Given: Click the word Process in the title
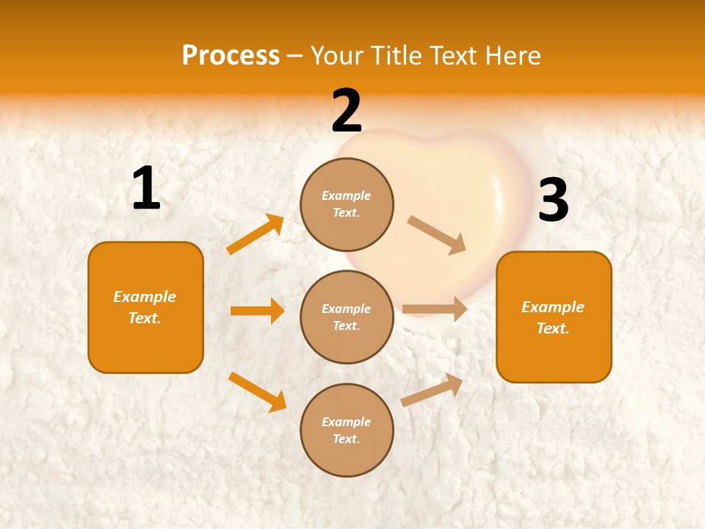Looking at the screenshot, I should click(x=231, y=55).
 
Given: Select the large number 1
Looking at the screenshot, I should click(x=146, y=189).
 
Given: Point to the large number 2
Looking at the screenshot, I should click(x=347, y=111).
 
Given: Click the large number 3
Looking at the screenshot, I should click(x=553, y=201).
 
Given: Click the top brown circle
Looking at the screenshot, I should click(x=347, y=204).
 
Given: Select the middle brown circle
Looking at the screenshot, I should click(x=347, y=317).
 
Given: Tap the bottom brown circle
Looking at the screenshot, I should click(x=347, y=430).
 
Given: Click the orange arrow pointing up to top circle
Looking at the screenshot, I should click(x=256, y=234).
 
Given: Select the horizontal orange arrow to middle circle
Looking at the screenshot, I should click(x=257, y=311).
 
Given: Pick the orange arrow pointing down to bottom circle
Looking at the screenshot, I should click(x=257, y=392).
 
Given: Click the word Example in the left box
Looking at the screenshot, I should click(x=145, y=297).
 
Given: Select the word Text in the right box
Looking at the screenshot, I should click(x=552, y=328).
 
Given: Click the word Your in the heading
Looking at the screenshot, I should click(x=335, y=55).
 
